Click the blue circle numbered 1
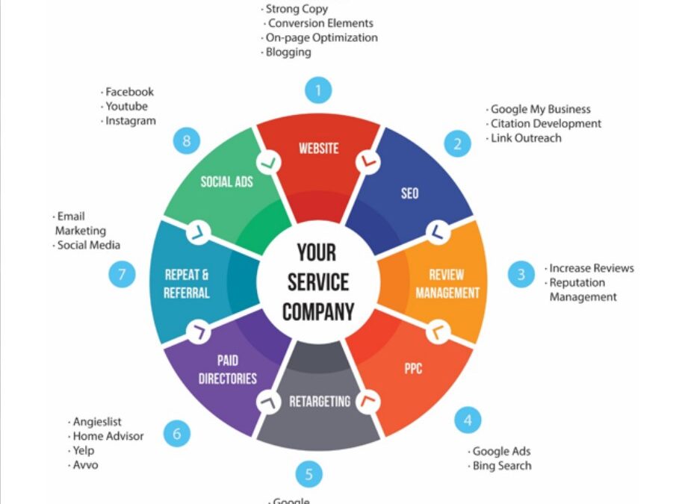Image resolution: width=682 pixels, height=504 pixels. (x=318, y=91)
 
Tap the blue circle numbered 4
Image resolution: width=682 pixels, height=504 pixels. (x=468, y=420)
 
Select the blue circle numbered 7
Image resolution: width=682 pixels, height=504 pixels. (x=123, y=274)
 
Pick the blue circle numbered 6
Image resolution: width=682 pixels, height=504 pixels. (x=177, y=433)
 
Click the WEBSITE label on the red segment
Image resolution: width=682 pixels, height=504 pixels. (x=318, y=148)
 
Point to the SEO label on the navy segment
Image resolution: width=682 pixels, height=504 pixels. (x=409, y=193)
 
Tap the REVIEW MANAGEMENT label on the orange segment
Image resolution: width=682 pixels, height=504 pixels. (x=447, y=284)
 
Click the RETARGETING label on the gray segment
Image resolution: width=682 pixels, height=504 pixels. (x=320, y=401)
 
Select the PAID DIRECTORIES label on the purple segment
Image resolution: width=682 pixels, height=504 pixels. (x=228, y=370)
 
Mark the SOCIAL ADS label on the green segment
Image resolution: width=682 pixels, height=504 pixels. (x=226, y=181)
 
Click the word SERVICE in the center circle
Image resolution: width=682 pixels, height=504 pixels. (x=317, y=282)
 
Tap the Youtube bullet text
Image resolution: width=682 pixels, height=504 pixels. (x=126, y=106)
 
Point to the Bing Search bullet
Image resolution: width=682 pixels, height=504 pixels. (x=501, y=466)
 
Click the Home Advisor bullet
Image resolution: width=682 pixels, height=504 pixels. (x=108, y=436)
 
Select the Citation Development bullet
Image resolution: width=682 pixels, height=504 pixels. (x=545, y=124)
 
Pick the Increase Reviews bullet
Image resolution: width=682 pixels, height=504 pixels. (x=591, y=268)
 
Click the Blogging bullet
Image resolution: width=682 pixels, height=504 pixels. (x=288, y=52)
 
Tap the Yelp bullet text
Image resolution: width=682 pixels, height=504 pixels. (x=83, y=450)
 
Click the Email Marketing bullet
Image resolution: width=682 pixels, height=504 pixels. (x=81, y=223)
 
